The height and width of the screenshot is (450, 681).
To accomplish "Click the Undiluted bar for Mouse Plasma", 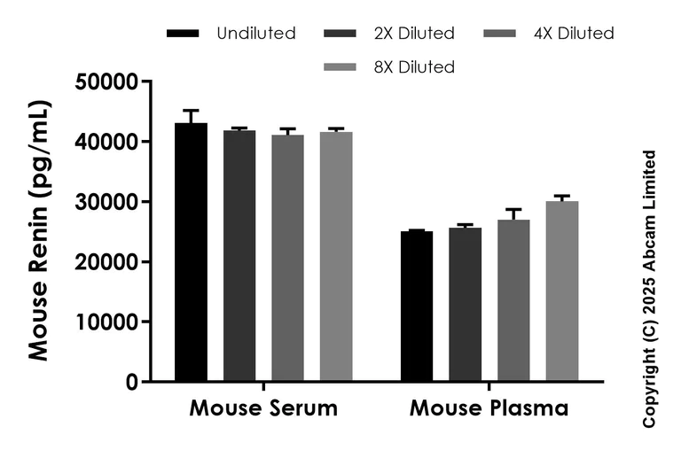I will tap(417, 306).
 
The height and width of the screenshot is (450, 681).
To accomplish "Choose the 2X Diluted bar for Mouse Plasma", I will tap(466, 305).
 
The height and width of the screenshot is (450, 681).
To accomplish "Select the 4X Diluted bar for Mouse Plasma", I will tap(513, 300).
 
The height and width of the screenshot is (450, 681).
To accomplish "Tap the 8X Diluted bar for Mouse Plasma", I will tap(562, 291).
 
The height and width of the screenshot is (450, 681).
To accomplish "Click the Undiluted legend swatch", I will tap(183, 35).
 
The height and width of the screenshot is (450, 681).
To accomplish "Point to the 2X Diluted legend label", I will tap(413, 34).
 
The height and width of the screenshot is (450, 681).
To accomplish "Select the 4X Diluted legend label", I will tap(574, 34).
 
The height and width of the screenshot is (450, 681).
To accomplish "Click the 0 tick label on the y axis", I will tap(131, 383).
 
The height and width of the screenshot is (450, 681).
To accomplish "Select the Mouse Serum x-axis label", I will tap(263, 409).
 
